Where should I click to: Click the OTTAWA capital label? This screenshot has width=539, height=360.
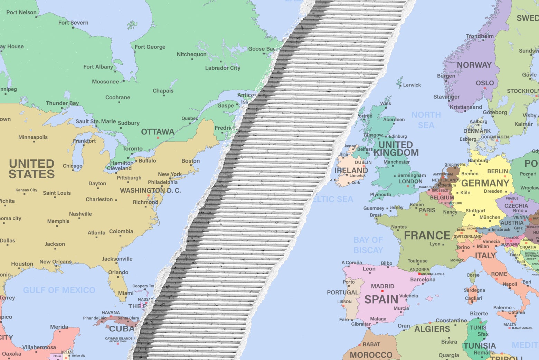(x=158, y=132)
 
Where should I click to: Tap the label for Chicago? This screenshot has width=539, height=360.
(x=73, y=166)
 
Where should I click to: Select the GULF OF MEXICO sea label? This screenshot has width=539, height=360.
(x=59, y=290)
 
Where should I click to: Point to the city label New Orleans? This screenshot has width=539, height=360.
(x=55, y=262)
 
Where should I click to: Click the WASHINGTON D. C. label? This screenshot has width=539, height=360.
(x=150, y=191)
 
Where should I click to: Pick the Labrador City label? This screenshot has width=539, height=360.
(x=223, y=68)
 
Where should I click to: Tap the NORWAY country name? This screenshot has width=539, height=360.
(x=474, y=65)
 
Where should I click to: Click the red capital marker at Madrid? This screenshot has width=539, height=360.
(x=382, y=291)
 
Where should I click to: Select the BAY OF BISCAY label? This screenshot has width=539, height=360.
(x=368, y=245)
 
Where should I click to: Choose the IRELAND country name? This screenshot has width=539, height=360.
(x=351, y=170)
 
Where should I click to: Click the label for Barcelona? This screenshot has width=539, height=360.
(x=423, y=279)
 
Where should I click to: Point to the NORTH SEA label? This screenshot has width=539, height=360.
(x=426, y=120)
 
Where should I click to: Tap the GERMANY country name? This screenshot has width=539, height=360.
(x=485, y=183)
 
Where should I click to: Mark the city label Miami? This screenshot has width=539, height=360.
(x=126, y=293)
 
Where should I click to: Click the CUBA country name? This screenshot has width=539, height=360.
(x=122, y=329)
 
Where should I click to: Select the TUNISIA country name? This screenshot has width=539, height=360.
(x=480, y=346)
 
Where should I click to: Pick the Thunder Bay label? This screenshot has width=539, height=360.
(x=62, y=103)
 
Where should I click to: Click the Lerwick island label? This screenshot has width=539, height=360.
(x=412, y=85)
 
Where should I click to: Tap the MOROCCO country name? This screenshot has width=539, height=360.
(x=371, y=355)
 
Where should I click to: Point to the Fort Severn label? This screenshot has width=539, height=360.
(x=73, y=23)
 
